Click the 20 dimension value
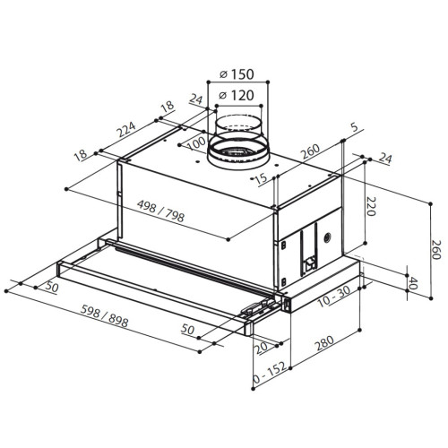[x=262, y=349]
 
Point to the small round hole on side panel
[x=327, y=240]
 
